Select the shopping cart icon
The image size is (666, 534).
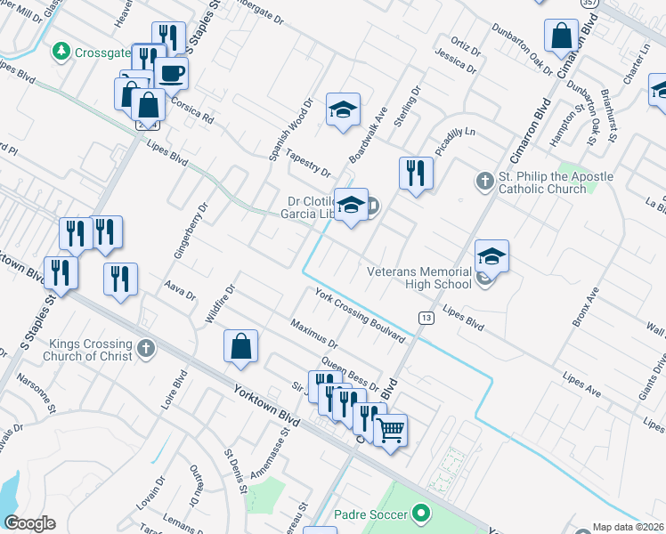390,430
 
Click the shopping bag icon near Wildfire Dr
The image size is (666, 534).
240,346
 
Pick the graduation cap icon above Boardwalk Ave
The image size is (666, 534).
343,109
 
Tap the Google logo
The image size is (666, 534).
29,523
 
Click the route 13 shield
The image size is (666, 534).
426,318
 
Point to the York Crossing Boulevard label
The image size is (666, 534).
359,315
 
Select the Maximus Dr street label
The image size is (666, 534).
314,333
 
